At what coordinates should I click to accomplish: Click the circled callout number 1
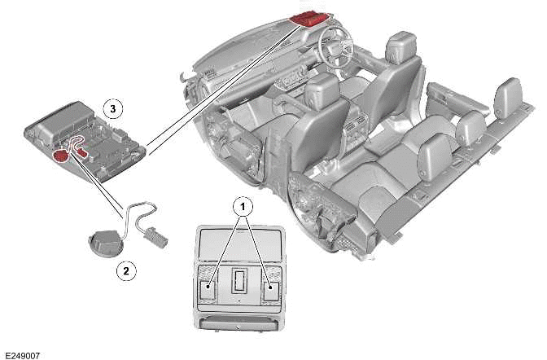click(240, 207)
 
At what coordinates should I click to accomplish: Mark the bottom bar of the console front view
click(240, 327)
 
